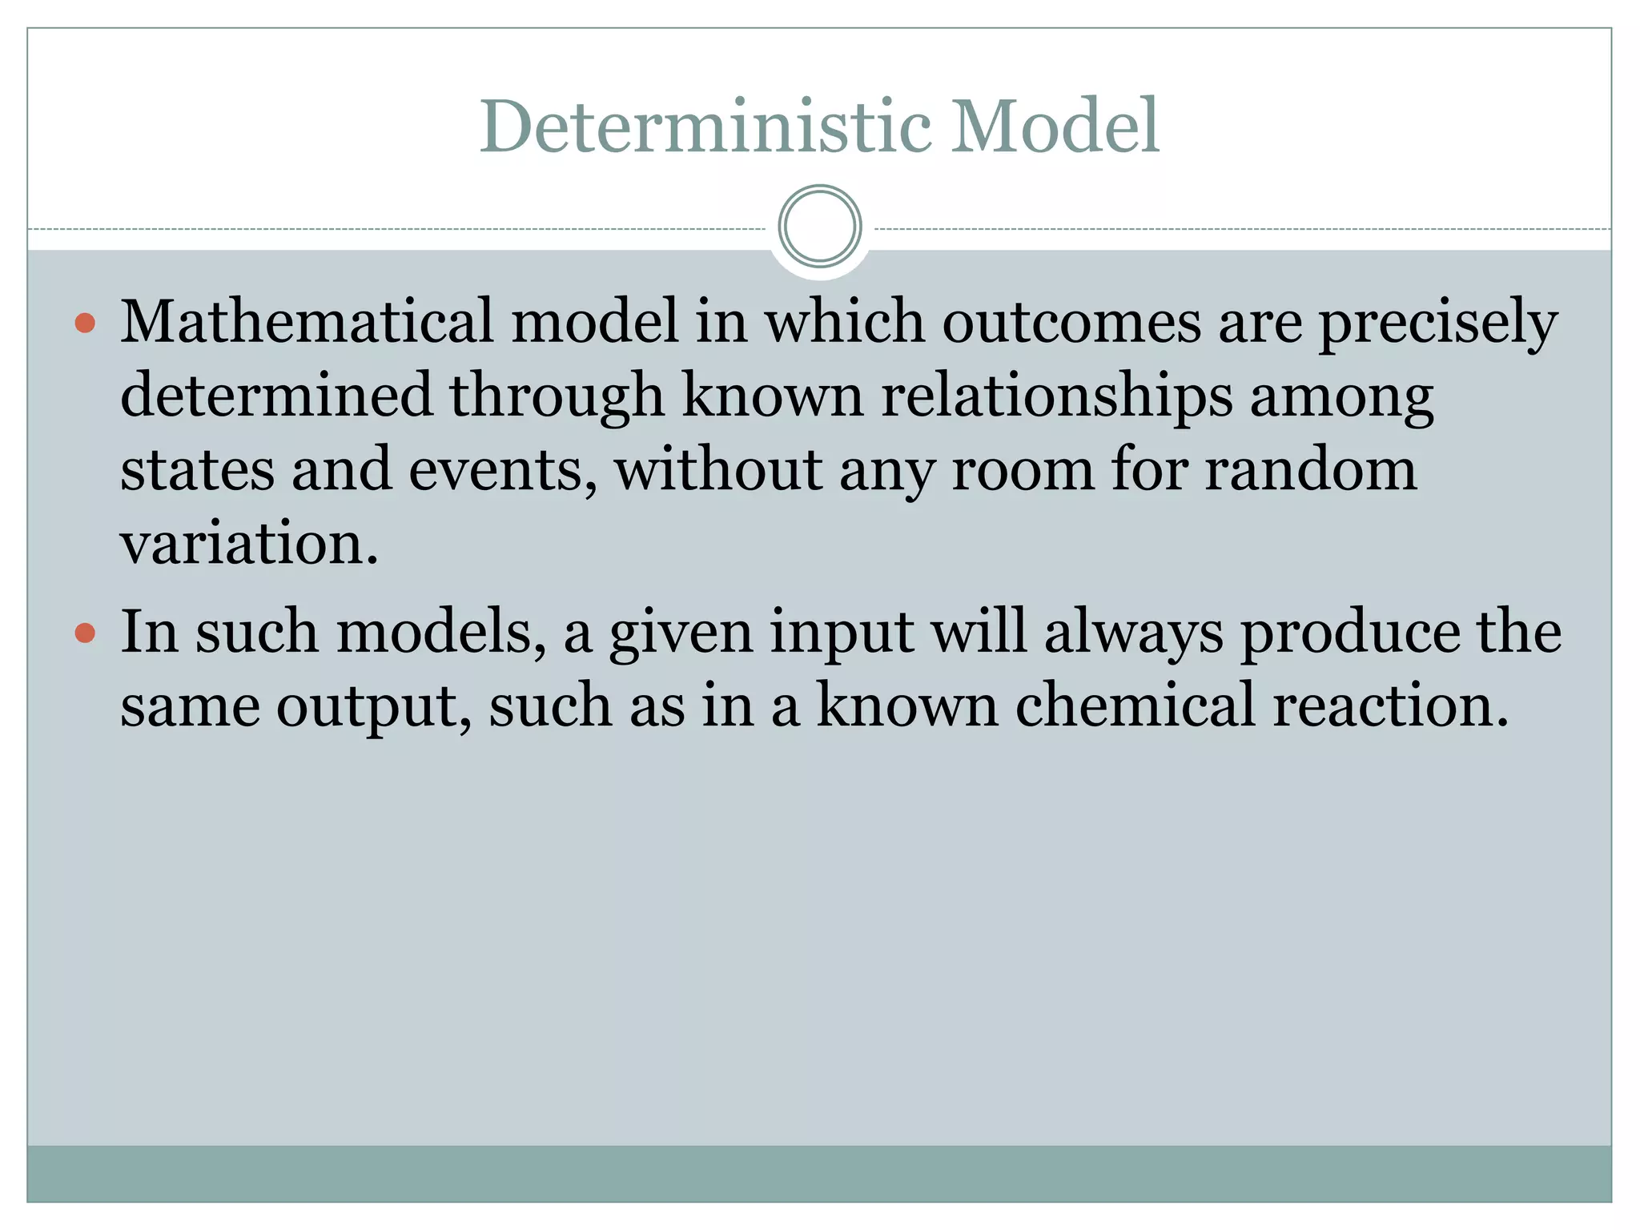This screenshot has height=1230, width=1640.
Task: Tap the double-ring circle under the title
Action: point(819,226)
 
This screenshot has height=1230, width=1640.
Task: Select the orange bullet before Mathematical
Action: point(85,324)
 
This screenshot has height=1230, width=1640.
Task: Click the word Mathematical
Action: point(307,322)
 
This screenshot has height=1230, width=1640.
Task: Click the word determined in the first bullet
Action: point(276,395)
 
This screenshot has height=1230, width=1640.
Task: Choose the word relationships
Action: point(1056,396)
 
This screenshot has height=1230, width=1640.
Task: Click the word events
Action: point(502,470)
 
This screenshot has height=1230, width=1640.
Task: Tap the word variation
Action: point(248,544)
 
